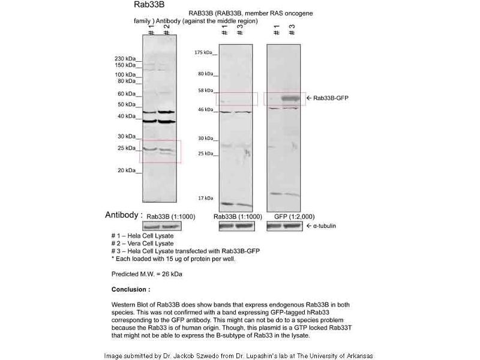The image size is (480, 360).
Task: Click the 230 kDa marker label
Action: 124,58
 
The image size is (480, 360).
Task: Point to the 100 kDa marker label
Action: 124,74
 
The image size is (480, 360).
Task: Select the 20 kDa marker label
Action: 126,170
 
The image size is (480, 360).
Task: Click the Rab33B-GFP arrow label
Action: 330,97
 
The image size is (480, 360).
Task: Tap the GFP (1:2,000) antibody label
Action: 294,216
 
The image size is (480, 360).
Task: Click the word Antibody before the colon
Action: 122,215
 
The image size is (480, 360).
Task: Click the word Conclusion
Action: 130,289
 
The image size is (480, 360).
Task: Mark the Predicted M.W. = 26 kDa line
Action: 147,274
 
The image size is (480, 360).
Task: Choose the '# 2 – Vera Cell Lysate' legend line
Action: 142,244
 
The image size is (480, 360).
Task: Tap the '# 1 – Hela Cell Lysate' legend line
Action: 142,236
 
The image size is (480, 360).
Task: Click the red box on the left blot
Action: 160,151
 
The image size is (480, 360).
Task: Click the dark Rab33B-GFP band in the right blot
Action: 290,97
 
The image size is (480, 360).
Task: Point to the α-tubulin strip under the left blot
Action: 161,226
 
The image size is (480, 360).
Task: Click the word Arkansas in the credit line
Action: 358,356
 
